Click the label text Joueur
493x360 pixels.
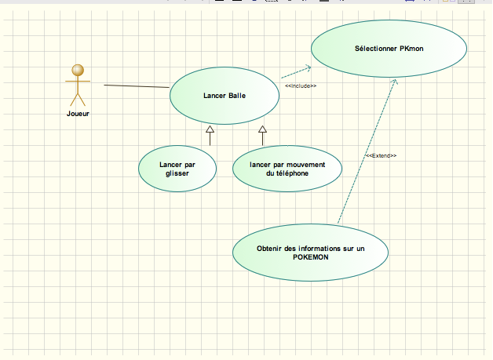pyautogui.click(x=78, y=114)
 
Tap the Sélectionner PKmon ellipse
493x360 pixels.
pyautogui.click(x=389, y=48)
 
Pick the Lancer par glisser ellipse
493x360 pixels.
pyautogui.click(x=177, y=169)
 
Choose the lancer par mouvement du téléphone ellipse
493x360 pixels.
pyautogui.click(x=287, y=169)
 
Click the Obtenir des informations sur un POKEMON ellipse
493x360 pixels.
pyautogui.click(x=311, y=253)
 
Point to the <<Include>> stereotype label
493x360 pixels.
pyautogui.click(x=300, y=85)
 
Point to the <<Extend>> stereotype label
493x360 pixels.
pyautogui.click(x=381, y=156)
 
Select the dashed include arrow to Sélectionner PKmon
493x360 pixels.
pyautogui.click(x=294, y=72)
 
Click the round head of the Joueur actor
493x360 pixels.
pyautogui.click(x=77, y=71)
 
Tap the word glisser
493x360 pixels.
pyautogui.click(x=177, y=174)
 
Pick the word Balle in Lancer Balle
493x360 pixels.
pyautogui.click(x=236, y=96)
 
